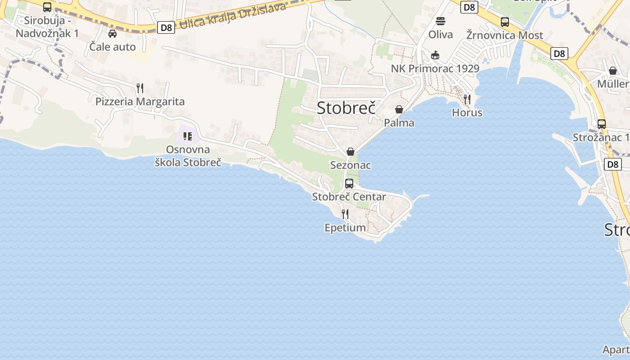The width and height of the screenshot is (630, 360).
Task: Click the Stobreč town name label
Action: (346, 108)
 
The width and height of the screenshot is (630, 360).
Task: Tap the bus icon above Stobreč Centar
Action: (349, 183)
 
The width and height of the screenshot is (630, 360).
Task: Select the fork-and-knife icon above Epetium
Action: (345, 214)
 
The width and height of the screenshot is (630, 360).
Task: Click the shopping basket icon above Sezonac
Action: (350, 152)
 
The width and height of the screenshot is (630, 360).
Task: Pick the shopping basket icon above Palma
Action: (399, 109)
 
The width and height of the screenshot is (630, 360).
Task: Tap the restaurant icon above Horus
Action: (467, 99)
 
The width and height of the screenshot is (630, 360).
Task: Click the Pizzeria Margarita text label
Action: (140, 101)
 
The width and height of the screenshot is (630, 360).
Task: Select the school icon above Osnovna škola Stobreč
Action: (188, 136)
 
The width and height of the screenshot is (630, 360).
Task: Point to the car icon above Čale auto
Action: (112, 33)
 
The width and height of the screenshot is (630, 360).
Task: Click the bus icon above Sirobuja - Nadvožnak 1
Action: (47, 7)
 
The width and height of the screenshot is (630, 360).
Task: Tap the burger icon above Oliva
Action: (441, 21)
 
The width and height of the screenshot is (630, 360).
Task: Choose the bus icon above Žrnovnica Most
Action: (505, 22)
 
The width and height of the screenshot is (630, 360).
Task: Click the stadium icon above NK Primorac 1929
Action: (435, 55)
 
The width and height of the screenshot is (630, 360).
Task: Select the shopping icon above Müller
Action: (612, 71)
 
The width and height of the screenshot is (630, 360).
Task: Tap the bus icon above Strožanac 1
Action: (602, 124)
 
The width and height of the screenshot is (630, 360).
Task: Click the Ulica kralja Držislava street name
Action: (233, 16)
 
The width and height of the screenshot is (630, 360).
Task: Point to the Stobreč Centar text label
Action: (349, 197)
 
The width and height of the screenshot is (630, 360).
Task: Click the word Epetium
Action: (345, 228)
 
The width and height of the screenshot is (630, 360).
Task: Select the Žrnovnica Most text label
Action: (504, 35)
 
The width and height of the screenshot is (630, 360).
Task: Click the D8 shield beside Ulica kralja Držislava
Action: (166, 28)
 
